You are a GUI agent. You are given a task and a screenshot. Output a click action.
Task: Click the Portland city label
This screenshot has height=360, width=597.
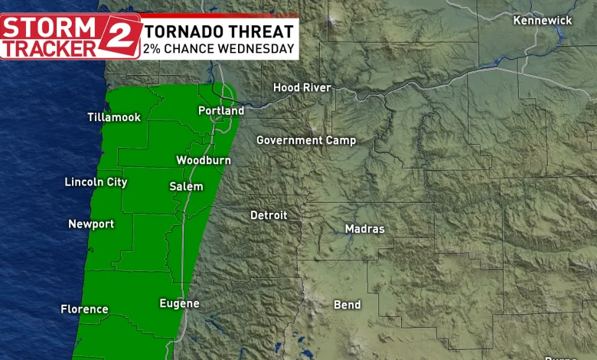(x=221, y=111)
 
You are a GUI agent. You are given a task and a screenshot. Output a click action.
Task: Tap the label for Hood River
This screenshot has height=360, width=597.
(x=302, y=88)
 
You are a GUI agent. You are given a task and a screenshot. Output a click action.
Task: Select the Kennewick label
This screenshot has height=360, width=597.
(x=543, y=20)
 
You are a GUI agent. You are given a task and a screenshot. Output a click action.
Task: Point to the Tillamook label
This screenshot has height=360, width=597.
(x=114, y=117)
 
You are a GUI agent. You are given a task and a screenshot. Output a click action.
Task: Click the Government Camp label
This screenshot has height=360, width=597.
(x=305, y=140)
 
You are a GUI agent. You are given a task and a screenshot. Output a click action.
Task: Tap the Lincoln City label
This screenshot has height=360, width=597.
(x=96, y=182)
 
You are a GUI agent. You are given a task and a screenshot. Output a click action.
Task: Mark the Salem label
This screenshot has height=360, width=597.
(x=186, y=186)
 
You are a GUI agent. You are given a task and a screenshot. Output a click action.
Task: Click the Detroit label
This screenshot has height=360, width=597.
(x=269, y=215)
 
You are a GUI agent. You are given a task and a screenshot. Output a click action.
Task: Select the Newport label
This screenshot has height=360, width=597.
(x=91, y=224)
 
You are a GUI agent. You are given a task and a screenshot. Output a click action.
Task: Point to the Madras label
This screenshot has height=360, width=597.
(x=365, y=229)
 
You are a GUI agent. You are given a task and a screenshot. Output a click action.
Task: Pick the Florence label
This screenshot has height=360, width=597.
(x=84, y=309)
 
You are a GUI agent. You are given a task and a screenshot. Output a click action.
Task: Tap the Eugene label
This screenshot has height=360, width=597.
(x=179, y=303)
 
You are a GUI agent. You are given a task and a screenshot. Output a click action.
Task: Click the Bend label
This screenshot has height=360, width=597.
(x=347, y=305)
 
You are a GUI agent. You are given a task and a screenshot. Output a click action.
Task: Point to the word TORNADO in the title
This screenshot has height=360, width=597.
(x=181, y=31)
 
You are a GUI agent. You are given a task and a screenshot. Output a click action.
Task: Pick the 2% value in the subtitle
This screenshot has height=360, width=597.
(x=153, y=49)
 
